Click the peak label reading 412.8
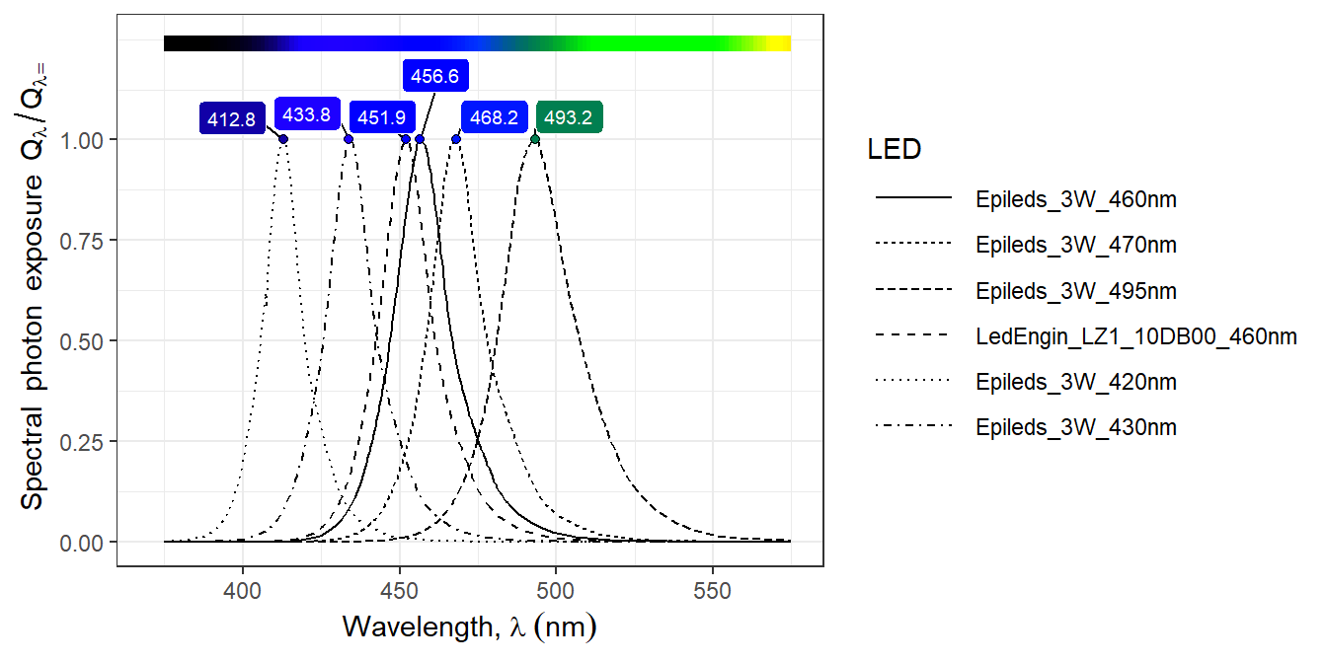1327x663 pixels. (232, 119)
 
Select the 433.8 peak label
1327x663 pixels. (306, 114)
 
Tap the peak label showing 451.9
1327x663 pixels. (381, 117)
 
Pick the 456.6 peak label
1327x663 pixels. (434, 76)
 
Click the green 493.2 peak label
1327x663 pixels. (569, 117)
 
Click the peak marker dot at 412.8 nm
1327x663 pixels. (283, 139)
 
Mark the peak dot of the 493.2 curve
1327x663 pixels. (535, 139)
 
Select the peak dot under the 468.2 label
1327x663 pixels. (456, 139)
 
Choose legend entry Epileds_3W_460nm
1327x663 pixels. (1075, 199)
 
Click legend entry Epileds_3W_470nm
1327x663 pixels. (1075, 245)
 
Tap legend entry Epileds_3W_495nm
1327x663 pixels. (1075, 291)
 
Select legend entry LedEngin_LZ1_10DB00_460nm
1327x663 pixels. (1135, 336)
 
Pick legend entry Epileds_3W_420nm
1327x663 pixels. (1075, 382)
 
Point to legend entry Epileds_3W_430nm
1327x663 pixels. (1075, 427)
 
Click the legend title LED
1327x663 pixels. (894, 150)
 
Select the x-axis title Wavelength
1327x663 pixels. (469, 626)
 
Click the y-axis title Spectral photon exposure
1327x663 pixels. (34, 286)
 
